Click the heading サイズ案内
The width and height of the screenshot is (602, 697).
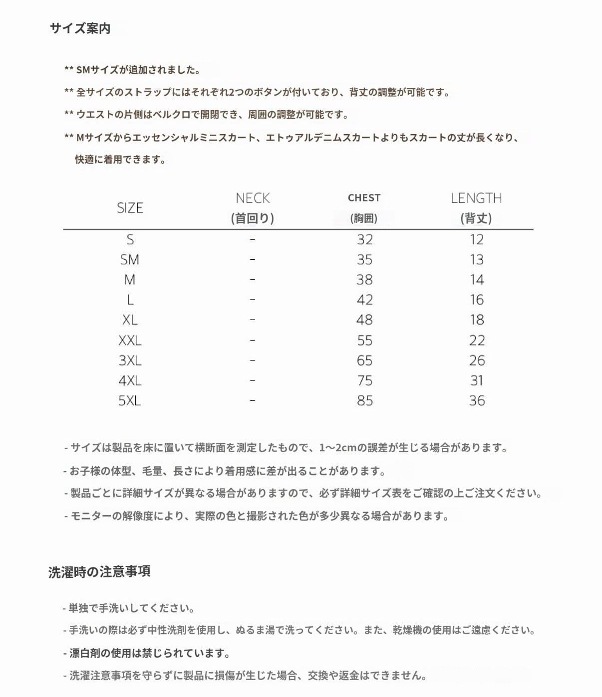tap(80, 28)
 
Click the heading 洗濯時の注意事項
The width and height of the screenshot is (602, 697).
tap(99, 571)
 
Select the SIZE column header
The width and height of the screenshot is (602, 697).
tap(130, 208)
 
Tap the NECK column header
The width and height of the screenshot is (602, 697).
tap(253, 198)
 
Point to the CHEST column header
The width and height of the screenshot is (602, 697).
tap(364, 198)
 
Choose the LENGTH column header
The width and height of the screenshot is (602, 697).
tap(476, 198)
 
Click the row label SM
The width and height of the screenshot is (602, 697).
tap(130, 260)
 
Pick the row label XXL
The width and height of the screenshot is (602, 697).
tap(130, 341)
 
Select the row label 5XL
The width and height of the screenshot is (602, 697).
tap(130, 401)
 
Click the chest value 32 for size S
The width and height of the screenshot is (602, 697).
tap(365, 240)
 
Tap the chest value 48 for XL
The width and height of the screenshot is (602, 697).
tap(364, 320)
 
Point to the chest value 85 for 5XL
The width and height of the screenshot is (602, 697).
tap(365, 401)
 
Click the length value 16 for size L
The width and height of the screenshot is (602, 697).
tap(477, 300)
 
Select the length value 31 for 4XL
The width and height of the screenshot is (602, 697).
tap(477, 381)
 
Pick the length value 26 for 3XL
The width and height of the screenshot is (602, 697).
tap(477, 360)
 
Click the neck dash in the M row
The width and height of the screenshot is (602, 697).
tap(253, 280)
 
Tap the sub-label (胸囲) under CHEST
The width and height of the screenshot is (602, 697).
tap(364, 218)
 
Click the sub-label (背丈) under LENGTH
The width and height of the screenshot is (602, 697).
tap(476, 218)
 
